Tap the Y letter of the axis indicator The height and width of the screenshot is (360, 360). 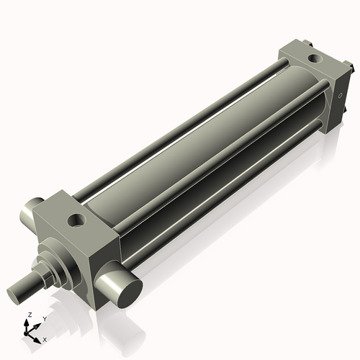(x=44, y=318)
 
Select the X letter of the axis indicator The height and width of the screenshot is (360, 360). (x=45, y=338)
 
